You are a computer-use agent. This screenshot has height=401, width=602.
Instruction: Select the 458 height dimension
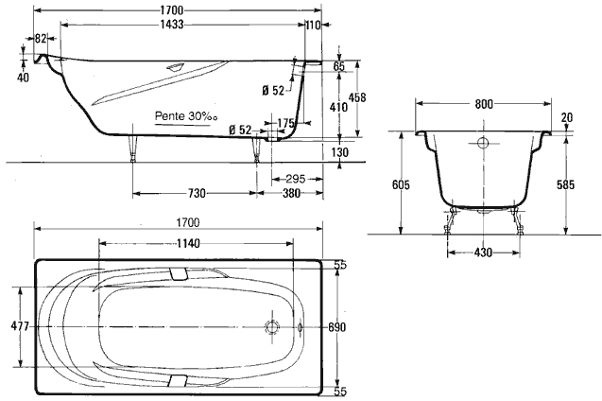356,97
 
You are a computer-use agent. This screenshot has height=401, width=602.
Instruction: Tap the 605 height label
401,185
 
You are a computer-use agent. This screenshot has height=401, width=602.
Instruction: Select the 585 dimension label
565,185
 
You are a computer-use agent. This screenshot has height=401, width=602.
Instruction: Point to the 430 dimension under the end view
482,253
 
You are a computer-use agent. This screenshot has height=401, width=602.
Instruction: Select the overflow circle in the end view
484,145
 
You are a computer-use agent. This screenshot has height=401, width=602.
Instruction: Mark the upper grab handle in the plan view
179,271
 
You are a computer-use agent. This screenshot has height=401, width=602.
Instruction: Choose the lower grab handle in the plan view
179,381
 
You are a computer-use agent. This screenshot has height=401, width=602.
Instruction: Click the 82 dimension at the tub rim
42,39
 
